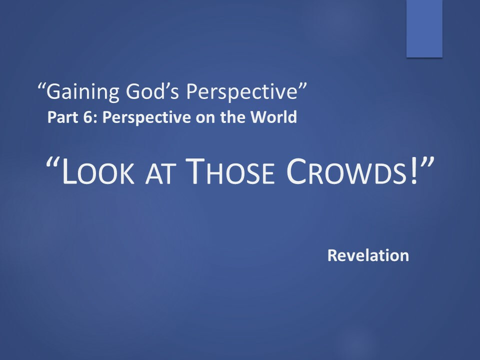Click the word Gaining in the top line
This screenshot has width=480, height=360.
82,91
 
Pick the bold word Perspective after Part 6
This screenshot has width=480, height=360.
145,117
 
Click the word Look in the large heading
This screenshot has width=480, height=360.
97,171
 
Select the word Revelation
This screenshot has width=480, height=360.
368,255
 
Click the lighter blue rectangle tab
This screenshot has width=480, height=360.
424,28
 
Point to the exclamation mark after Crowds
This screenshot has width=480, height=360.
414,171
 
